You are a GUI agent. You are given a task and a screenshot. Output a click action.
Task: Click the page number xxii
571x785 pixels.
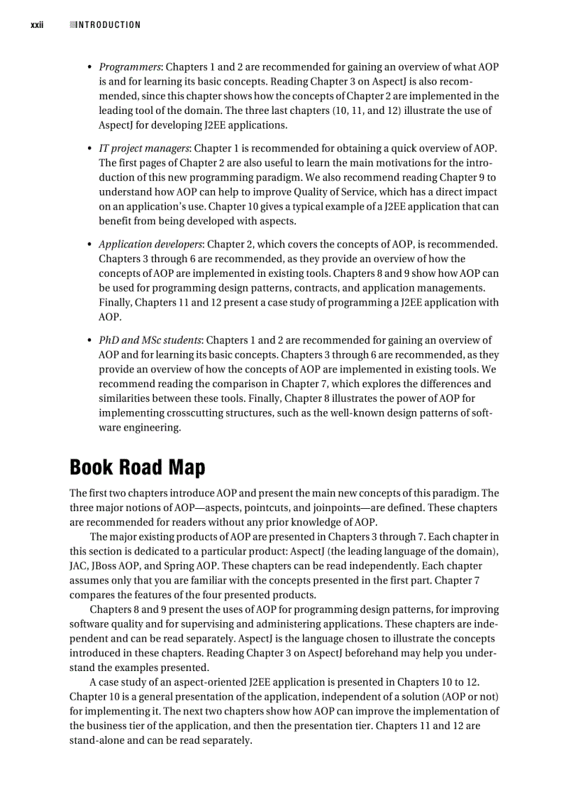click(x=37, y=25)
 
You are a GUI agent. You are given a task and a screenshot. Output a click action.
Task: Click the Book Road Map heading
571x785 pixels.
click(x=137, y=467)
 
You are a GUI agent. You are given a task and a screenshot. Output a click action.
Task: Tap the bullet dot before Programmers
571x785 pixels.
click(x=90, y=68)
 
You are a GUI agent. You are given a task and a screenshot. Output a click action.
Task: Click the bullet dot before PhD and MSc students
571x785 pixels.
click(x=90, y=341)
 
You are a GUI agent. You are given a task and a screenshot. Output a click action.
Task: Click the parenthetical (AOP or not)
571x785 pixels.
click(x=469, y=697)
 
